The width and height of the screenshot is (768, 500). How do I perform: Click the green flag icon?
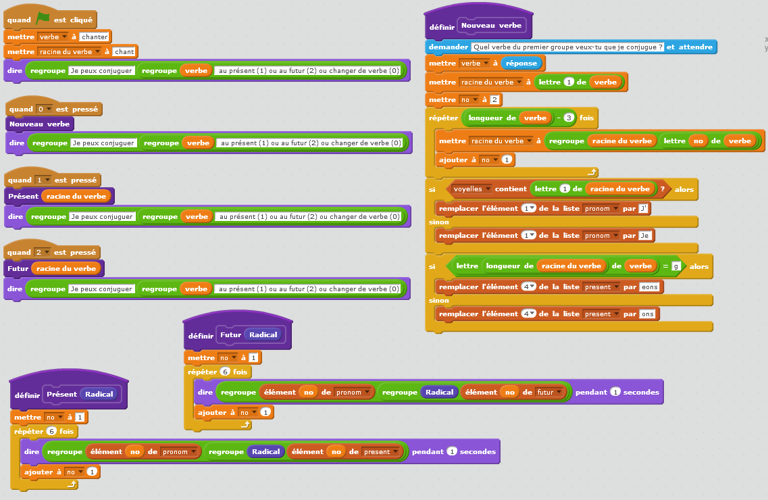[43, 19]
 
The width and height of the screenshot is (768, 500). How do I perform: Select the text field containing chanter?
[94, 36]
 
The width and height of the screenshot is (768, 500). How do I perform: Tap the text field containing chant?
[124, 51]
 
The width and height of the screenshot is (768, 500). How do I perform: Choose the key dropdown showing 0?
[45, 109]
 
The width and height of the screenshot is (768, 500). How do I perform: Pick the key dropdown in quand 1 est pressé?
[44, 180]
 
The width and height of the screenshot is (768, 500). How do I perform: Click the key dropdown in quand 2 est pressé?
[44, 252]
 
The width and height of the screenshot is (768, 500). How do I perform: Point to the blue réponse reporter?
[521, 63]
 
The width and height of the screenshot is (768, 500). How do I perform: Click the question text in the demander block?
[567, 47]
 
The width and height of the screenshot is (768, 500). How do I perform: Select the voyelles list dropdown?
[471, 189]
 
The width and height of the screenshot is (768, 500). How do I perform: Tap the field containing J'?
[644, 209]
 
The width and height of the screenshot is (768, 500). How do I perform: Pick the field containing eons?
[650, 287]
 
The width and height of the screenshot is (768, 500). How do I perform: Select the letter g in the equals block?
[675, 266]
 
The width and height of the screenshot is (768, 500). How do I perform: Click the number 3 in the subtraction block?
[569, 118]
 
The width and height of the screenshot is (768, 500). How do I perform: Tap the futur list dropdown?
[549, 392]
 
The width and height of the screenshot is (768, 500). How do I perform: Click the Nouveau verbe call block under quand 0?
[40, 124]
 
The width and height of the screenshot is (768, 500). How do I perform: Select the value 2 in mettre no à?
[494, 100]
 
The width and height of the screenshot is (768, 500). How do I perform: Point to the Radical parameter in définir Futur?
[263, 334]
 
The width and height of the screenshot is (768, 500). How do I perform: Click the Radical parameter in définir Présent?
[98, 395]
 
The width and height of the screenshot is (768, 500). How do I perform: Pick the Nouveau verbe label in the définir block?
[491, 26]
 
